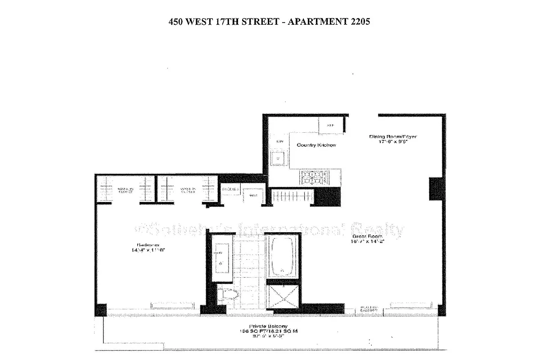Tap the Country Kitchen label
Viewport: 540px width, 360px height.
(316, 145)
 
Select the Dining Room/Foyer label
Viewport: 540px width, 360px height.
(391, 136)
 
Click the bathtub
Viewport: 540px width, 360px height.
(282, 256)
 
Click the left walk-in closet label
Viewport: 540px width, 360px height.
(125, 189)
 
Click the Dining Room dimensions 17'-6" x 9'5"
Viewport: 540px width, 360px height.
(391, 142)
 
